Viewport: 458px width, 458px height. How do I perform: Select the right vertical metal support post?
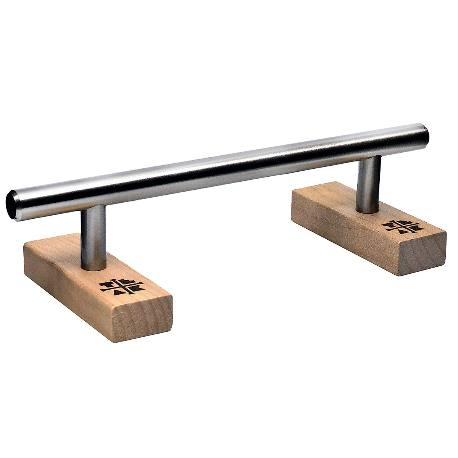click(368, 183)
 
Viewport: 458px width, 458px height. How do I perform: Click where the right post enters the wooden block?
click(368, 210)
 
